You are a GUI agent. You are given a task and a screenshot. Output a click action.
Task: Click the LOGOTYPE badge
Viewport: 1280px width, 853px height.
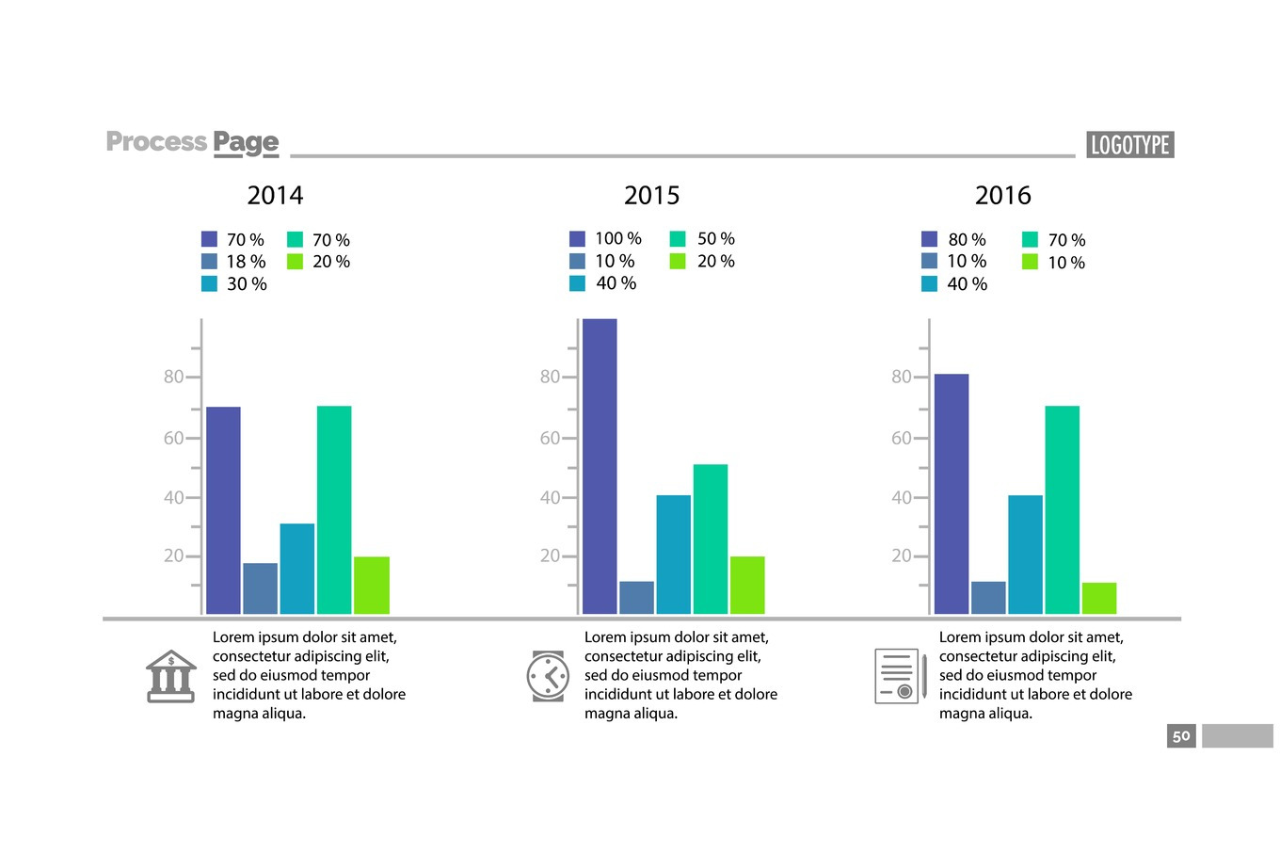[1129, 145]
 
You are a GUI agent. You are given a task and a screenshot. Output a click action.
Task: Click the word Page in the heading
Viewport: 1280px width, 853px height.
[246, 142]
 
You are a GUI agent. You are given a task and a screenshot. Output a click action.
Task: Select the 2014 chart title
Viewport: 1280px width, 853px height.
[275, 195]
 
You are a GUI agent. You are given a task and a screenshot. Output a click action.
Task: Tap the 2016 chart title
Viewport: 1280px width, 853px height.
[1002, 195]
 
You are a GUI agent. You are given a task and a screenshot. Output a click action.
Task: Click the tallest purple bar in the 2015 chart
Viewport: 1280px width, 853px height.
[600, 466]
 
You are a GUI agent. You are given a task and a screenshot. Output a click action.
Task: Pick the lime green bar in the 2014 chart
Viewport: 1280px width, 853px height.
[372, 585]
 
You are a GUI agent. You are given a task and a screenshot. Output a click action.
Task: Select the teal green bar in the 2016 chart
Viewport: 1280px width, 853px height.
[1062, 509]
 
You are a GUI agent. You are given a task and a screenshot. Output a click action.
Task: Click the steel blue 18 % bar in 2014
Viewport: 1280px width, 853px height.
[261, 588]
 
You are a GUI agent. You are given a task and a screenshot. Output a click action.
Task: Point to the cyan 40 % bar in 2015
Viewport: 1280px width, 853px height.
[673, 555]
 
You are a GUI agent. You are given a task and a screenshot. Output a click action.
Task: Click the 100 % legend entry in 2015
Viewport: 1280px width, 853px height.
[607, 239]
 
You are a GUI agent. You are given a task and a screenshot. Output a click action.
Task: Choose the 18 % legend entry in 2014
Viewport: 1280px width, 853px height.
[235, 262]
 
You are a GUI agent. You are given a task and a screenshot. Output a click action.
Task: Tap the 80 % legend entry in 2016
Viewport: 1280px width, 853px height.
[955, 240]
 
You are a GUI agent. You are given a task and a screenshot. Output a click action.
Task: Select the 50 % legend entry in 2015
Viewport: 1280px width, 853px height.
[704, 239]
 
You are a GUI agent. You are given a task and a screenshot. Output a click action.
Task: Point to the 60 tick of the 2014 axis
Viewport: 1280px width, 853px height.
[174, 438]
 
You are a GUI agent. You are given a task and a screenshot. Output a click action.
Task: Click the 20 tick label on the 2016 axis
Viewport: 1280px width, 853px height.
[902, 555]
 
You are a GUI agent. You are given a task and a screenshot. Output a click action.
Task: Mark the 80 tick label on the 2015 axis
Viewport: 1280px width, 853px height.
[550, 377]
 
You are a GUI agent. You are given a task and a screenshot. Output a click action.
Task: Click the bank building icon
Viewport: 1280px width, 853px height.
[170, 675]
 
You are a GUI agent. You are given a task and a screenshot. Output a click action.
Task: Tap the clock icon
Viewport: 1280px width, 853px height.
[548, 676]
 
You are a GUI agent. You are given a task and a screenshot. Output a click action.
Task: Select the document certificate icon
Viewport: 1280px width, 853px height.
[900, 676]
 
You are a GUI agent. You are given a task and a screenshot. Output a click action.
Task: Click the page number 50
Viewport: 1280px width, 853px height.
[1181, 736]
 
